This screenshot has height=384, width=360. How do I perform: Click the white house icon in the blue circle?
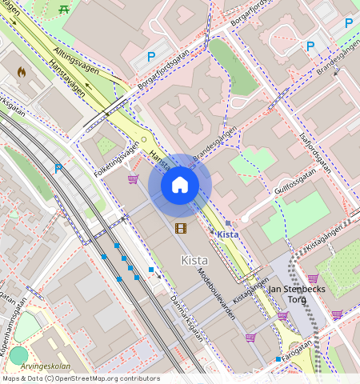pos(180,185)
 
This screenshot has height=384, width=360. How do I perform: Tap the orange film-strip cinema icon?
pos(181,229)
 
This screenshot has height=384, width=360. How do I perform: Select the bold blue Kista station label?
pos(229,234)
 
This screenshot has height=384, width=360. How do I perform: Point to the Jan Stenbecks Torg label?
pos(298,294)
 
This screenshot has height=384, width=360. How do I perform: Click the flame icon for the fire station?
pos(22,71)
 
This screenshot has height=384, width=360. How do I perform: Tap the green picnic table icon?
pos(64,9)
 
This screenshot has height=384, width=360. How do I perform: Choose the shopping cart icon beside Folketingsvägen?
pos(133,179)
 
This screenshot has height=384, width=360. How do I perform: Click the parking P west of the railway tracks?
pos(58,169)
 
